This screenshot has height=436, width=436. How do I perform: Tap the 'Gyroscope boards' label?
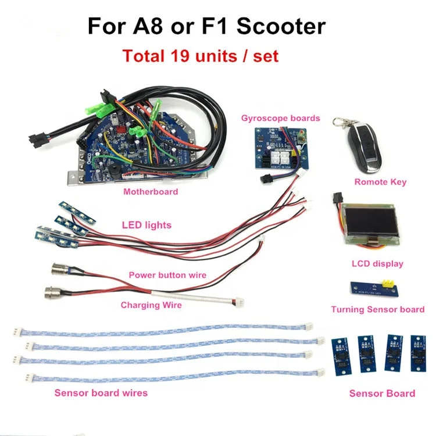click(280, 118)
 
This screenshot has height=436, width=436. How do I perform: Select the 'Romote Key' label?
click(380, 182)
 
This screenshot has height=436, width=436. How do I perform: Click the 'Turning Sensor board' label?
click(377, 309)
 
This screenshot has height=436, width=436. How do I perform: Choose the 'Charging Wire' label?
click(151, 304)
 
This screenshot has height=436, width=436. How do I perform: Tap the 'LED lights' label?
click(146, 225)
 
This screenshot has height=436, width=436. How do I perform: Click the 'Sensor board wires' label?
click(101, 392)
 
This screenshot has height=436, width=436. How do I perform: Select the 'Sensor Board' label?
click(382, 394)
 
